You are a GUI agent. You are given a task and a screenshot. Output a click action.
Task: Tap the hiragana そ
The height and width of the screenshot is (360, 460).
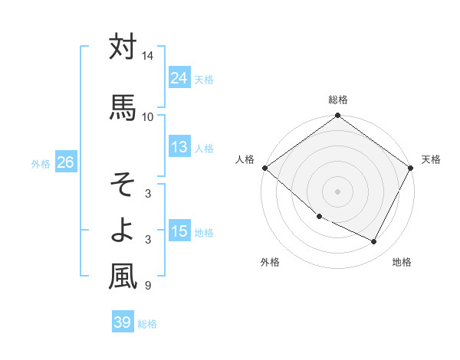coord(123,184)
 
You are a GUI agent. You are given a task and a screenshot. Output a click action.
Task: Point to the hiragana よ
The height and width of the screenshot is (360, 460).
coord(123,228)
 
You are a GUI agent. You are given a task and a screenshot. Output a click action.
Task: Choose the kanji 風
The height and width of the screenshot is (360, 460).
coord(123,276)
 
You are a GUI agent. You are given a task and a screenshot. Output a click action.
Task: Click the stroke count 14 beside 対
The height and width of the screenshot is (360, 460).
coord(147,56)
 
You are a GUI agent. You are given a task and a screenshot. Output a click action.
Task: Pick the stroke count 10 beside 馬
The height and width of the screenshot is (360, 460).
coord(147,116)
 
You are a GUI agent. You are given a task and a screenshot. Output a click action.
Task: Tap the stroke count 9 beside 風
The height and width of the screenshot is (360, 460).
coord(147,286)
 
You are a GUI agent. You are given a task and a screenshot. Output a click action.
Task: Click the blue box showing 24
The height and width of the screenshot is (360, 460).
coord(179,78)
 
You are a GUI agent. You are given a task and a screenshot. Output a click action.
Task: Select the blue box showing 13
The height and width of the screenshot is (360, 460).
coord(179,147)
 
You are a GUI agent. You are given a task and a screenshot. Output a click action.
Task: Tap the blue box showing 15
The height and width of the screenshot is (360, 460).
coord(179,231)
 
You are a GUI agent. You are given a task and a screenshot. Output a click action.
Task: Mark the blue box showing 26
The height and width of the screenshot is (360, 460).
coord(65,162)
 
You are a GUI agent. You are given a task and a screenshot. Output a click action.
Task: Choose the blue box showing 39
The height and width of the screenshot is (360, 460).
coord(123,322)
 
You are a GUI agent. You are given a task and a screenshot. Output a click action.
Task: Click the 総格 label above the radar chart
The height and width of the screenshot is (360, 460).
coord(338,100)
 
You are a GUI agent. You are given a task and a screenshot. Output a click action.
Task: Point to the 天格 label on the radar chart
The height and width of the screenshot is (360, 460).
coord(432,159)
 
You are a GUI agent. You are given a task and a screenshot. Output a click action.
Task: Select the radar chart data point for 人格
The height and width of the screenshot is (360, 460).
coord(264,168)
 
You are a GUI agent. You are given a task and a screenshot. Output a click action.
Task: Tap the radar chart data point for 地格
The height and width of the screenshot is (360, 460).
coord(374,242)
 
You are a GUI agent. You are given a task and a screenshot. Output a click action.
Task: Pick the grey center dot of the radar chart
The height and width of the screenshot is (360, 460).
coord(338,191)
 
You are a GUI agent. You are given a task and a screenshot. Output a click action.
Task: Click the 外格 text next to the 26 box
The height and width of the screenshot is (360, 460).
coord(41,163)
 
